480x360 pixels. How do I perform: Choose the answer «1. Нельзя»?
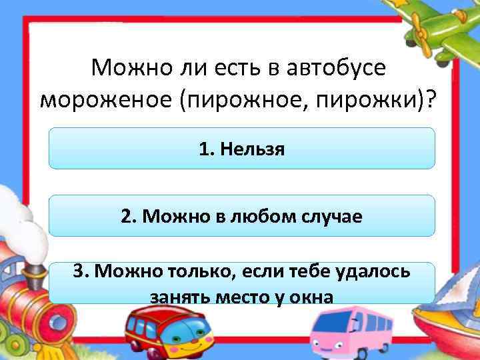[x=241, y=149]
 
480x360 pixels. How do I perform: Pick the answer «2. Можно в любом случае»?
[x=241, y=216]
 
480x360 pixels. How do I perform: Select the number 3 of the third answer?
[x=79, y=271]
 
